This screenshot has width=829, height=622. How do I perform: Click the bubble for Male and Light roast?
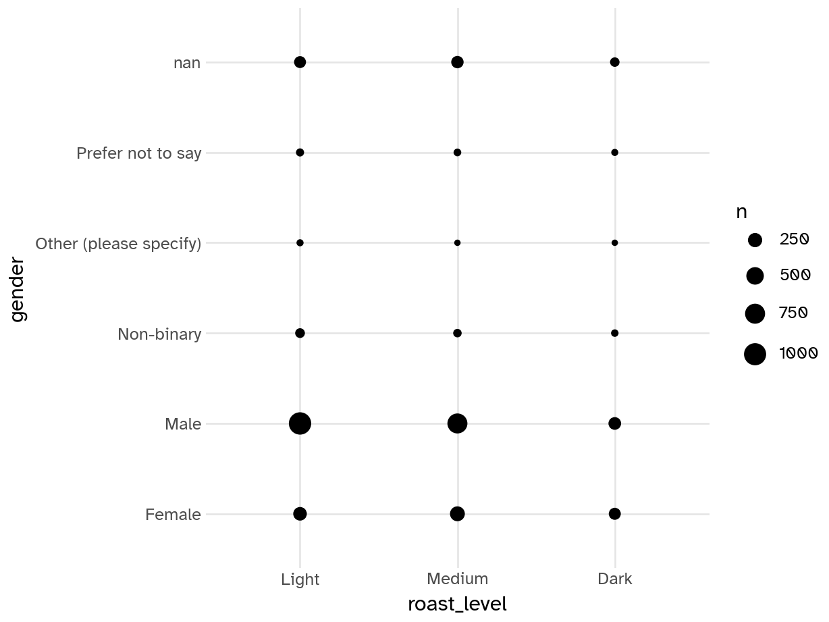(300, 423)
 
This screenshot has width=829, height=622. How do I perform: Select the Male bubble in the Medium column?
(457, 423)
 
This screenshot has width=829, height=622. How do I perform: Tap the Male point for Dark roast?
(614, 423)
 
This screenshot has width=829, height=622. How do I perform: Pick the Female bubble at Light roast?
(300, 514)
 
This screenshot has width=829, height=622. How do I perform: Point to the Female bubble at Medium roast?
(457, 514)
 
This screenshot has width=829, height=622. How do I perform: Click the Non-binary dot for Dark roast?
(614, 333)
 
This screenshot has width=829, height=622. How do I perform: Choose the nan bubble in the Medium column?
(457, 62)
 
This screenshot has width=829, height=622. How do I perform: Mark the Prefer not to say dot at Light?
(300, 153)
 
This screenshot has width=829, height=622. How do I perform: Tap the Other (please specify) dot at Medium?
(457, 242)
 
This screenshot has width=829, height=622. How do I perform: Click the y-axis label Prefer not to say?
(138, 153)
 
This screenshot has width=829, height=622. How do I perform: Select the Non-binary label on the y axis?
(159, 334)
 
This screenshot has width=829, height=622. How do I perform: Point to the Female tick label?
(173, 515)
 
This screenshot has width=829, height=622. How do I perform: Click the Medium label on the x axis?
(457, 579)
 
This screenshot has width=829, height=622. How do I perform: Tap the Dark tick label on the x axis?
(614, 579)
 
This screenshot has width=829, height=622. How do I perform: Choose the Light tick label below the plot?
(300, 579)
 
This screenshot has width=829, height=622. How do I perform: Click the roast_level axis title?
(457, 604)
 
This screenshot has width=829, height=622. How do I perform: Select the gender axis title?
(18, 288)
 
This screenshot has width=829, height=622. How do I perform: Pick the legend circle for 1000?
(755, 354)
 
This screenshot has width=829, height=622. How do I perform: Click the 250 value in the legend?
(794, 239)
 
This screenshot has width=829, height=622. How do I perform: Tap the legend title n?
(741, 212)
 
